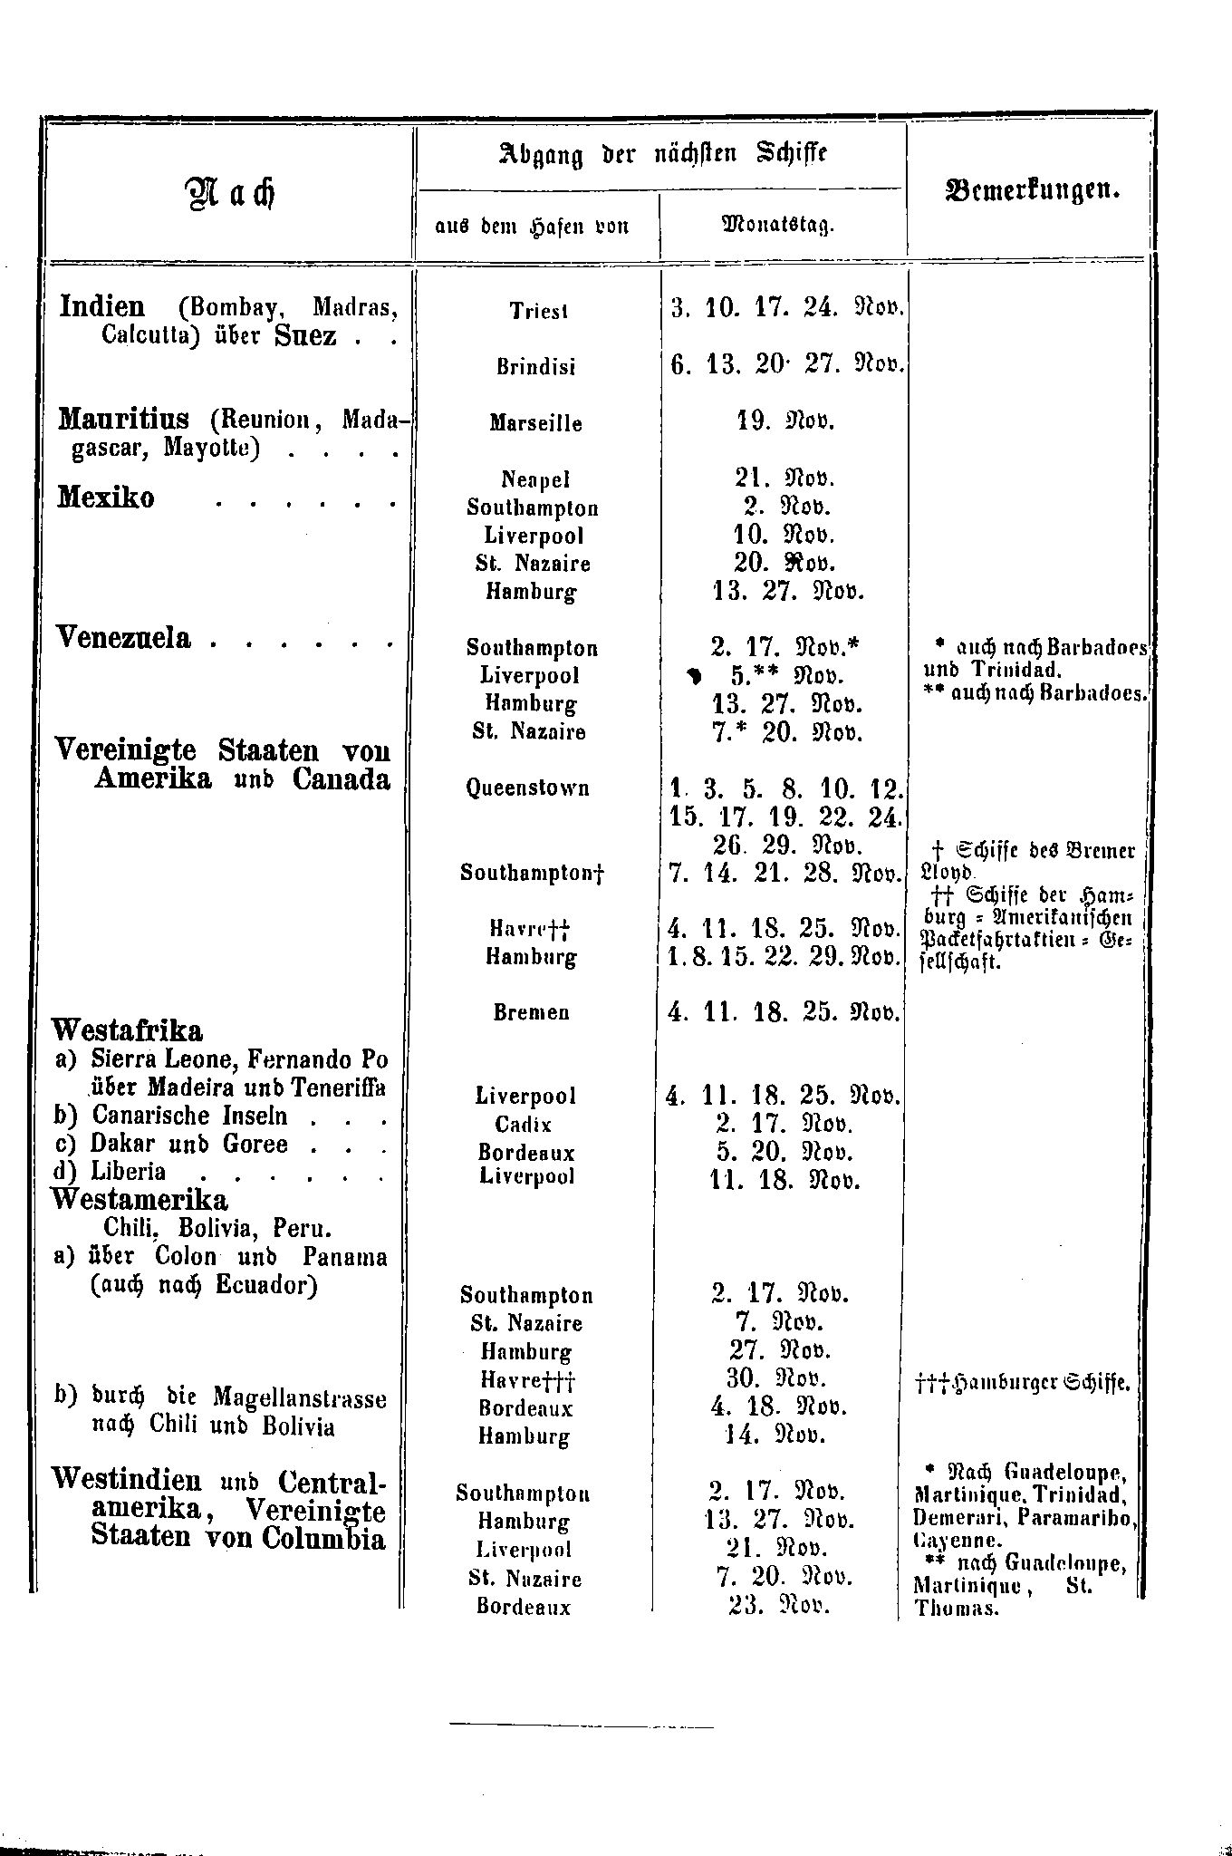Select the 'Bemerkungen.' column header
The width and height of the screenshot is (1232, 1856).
click(x=1031, y=191)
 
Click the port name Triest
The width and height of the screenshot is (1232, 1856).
click(x=538, y=312)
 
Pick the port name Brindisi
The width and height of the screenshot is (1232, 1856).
click(x=536, y=368)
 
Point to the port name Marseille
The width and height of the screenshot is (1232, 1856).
click(x=536, y=423)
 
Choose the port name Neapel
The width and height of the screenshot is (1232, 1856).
click(x=536, y=479)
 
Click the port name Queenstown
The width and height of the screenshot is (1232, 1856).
click(x=527, y=788)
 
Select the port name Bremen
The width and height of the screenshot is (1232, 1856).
click(x=532, y=1013)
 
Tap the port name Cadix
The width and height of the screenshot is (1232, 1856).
click(x=524, y=1125)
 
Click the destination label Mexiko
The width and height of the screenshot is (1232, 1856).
click(x=106, y=498)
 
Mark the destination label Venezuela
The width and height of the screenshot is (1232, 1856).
click(x=124, y=639)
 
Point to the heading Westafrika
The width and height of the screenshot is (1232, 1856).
click(x=128, y=1030)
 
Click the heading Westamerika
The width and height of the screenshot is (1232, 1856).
click(x=140, y=1200)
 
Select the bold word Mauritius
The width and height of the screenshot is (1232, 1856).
click(x=124, y=419)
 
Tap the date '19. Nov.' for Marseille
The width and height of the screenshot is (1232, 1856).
click(x=784, y=422)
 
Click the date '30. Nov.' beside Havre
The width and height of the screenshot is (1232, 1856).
click(x=778, y=1379)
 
